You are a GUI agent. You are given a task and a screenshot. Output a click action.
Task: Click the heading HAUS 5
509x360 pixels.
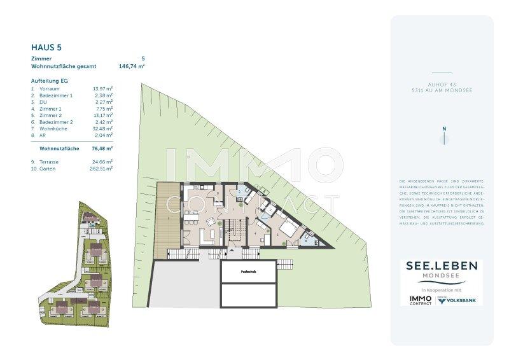click(x=46, y=46)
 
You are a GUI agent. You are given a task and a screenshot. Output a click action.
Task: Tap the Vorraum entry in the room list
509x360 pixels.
click(x=50, y=88)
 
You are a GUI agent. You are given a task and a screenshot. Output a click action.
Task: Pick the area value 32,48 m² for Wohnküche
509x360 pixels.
click(x=102, y=128)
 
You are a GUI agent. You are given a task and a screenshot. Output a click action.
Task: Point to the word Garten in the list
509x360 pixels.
click(x=47, y=169)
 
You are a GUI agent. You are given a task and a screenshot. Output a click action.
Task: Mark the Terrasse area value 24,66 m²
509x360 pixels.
click(x=102, y=162)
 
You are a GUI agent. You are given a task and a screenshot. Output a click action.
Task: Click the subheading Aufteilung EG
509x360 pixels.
click(x=49, y=81)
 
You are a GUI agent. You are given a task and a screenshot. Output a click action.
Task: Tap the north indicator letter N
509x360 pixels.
click(x=444, y=129)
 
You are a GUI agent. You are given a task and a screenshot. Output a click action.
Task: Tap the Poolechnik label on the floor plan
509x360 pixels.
click(x=249, y=272)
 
